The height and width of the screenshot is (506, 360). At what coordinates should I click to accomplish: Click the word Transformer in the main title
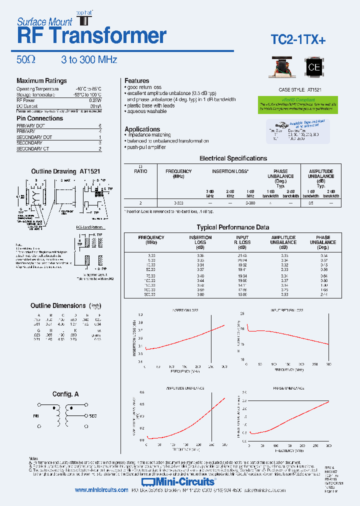tap(108, 36)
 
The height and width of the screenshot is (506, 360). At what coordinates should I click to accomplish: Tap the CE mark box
tap(313, 68)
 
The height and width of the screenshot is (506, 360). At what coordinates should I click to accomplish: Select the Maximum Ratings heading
tap(41, 81)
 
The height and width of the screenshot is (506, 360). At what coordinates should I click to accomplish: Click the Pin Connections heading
tap(40, 118)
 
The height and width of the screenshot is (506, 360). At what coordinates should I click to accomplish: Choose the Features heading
tap(137, 81)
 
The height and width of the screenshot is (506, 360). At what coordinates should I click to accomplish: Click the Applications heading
tap(142, 129)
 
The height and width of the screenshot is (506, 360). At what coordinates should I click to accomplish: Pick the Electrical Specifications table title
tap(233, 158)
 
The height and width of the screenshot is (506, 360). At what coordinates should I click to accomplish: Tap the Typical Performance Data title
tap(232, 227)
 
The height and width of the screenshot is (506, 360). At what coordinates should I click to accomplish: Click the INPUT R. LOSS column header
tap(242, 242)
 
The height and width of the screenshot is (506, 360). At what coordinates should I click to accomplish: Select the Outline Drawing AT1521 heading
tap(65, 171)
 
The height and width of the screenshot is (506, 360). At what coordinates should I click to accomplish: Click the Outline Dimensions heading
tap(58, 305)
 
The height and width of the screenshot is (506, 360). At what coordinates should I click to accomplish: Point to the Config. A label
tap(65, 394)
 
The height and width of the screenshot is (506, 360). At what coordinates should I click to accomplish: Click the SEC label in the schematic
tap(92, 415)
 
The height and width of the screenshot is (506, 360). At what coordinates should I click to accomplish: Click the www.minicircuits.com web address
tap(101, 490)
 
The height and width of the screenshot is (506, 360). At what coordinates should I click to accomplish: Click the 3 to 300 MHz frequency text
tap(89, 60)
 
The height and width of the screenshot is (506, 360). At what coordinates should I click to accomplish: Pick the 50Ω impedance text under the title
tap(26, 60)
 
